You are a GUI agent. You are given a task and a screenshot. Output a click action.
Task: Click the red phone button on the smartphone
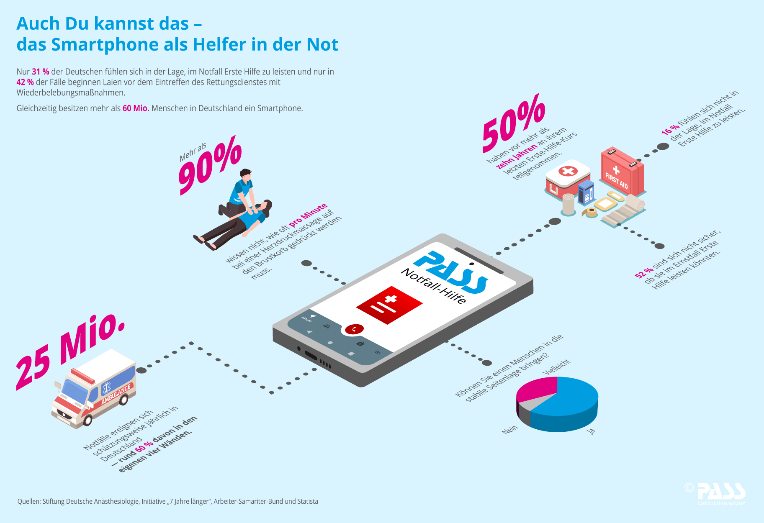[354, 329]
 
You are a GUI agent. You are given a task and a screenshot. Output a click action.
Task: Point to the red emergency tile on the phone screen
[389, 305]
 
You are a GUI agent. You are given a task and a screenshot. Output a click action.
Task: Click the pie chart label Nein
[509, 429]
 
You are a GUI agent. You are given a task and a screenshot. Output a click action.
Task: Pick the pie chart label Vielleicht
[557, 367]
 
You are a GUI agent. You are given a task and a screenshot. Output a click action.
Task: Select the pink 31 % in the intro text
[41, 72]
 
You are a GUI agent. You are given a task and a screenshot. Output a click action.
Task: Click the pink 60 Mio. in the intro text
[136, 108]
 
